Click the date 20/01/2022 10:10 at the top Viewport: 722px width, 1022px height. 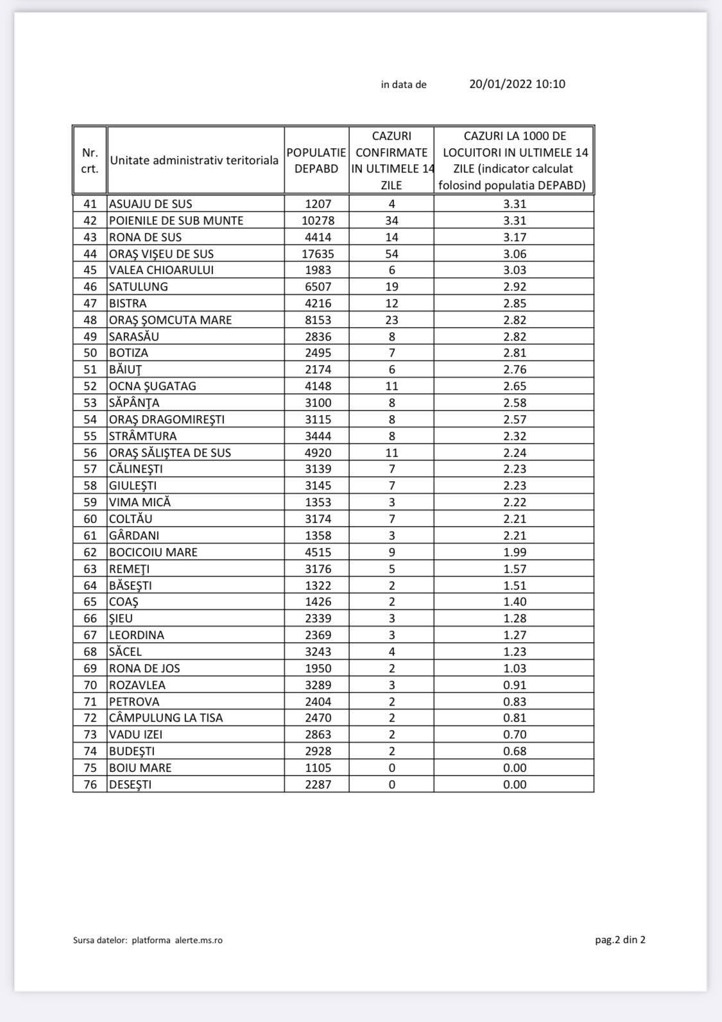[517, 84]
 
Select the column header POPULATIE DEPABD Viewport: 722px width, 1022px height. [316, 160]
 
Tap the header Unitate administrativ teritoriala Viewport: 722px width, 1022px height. [194, 160]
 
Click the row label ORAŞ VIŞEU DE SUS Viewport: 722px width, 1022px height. [161, 253]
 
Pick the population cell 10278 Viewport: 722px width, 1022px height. [318, 221]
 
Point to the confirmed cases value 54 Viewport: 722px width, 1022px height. [391, 253]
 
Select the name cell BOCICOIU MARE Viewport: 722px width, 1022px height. [153, 552]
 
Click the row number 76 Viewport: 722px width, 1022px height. [90, 785]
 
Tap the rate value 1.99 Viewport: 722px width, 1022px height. [515, 552]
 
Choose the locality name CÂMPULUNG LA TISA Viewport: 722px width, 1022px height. [166, 718]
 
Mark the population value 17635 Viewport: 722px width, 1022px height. [318, 253]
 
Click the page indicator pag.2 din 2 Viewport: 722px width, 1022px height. [620, 940]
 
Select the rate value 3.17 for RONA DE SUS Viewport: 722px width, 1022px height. [515, 237]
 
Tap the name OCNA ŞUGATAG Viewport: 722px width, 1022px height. [153, 386]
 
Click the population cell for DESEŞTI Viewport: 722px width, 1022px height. [318, 785]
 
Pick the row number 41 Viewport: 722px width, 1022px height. [90, 204]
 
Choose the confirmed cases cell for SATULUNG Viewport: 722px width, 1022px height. [391, 287]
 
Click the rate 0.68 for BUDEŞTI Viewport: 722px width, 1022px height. [515, 751]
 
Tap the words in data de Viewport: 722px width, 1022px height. [404, 85]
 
